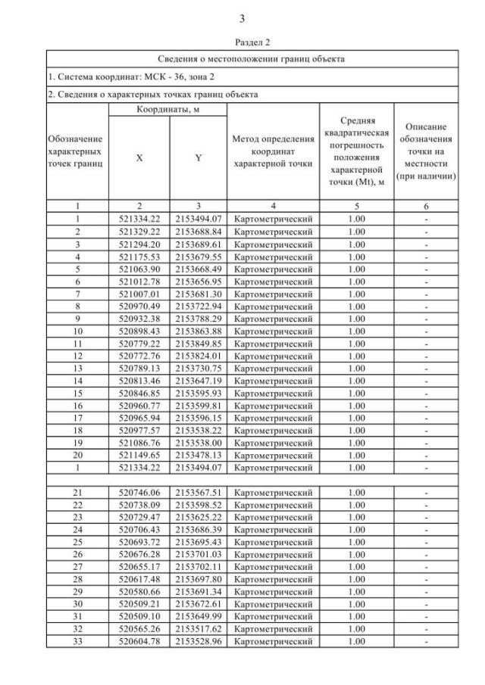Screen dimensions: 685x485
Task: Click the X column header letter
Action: [139, 160]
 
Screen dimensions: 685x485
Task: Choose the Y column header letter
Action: [198, 160]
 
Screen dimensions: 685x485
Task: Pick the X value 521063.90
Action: [139, 268]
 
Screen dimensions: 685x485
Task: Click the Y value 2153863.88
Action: [198, 330]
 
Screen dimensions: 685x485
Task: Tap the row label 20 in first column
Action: [77, 455]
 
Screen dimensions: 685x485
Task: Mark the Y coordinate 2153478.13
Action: [198, 455]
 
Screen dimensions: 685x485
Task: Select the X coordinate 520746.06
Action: [139, 493]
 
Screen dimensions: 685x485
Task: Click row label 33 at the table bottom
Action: [77, 642]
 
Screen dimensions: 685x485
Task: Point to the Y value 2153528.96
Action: [198, 642]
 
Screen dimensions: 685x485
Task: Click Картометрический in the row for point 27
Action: [273, 567]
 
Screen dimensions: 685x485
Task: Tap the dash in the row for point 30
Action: [426, 605]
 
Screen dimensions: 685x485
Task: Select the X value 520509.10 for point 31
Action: [139, 617]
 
